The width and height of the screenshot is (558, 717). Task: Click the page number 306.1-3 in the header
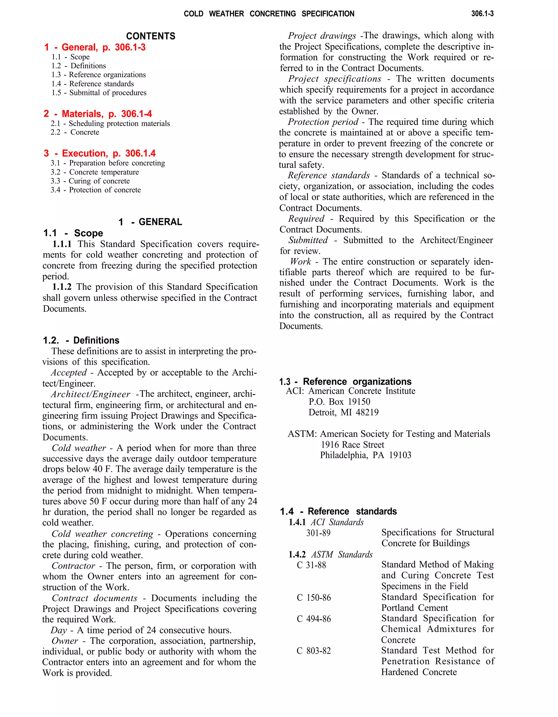[482, 13]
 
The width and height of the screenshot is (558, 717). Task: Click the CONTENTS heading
[151, 36]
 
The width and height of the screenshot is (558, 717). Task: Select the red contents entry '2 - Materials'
[98, 114]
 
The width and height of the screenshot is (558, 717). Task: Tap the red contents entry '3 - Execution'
[99, 153]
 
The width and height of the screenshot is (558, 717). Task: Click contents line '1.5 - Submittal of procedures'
[99, 93]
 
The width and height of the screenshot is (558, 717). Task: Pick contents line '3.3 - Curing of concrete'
[90, 181]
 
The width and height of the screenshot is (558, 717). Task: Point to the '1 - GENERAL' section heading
[150, 222]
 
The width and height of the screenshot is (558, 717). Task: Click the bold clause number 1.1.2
[62, 287]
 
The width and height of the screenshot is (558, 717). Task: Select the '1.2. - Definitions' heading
[81, 340]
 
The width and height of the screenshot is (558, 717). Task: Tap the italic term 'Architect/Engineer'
[91, 394]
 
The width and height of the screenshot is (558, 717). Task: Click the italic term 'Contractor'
[73, 566]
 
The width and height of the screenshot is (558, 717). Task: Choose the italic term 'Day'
[59, 630]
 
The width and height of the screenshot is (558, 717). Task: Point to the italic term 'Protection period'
[323, 122]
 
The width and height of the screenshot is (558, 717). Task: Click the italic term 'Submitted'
[308, 240]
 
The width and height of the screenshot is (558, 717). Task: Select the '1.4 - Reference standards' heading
[338, 511]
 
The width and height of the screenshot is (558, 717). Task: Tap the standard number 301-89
[318, 533]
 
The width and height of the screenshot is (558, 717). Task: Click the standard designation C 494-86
[314, 619]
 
